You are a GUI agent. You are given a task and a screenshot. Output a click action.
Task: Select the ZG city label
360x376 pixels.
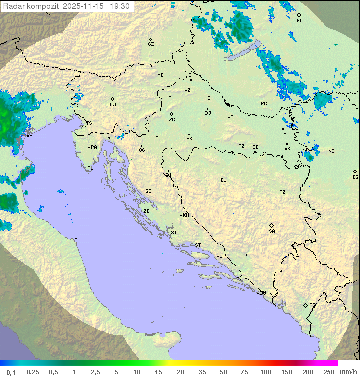click(x=172, y=120)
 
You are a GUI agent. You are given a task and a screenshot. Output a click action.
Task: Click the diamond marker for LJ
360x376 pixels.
click(x=113, y=99)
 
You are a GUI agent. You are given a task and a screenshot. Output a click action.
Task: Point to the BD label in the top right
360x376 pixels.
click(x=299, y=21)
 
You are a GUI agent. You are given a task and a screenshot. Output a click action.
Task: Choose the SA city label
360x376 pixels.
click(x=272, y=231)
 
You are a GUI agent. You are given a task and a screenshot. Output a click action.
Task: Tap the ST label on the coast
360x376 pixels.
click(x=198, y=245)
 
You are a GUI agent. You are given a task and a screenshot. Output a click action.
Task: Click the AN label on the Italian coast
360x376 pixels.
click(x=77, y=240)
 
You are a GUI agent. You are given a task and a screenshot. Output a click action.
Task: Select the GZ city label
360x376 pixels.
click(x=151, y=44)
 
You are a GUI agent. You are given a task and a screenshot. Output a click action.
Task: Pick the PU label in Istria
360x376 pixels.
click(x=90, y=168)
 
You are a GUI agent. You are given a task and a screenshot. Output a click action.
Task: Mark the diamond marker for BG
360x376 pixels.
click(x=355, y=171)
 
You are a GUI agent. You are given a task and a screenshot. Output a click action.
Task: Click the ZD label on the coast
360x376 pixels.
click(x=146, y=211)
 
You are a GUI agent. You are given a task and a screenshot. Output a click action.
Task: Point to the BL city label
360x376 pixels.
click(x=223, y=180)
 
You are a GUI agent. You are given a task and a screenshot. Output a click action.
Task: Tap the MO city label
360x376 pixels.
click(x=251, y=255)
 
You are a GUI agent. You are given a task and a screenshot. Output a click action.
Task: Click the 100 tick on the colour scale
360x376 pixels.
click(x=265, y=372)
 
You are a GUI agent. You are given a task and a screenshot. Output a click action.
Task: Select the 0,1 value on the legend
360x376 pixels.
click(x=11, y=372)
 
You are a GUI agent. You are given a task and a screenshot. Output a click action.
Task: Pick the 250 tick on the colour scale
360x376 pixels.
click(x=329, y=372)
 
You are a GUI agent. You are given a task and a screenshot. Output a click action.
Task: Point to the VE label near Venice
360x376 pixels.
click(x=29, y=136)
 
